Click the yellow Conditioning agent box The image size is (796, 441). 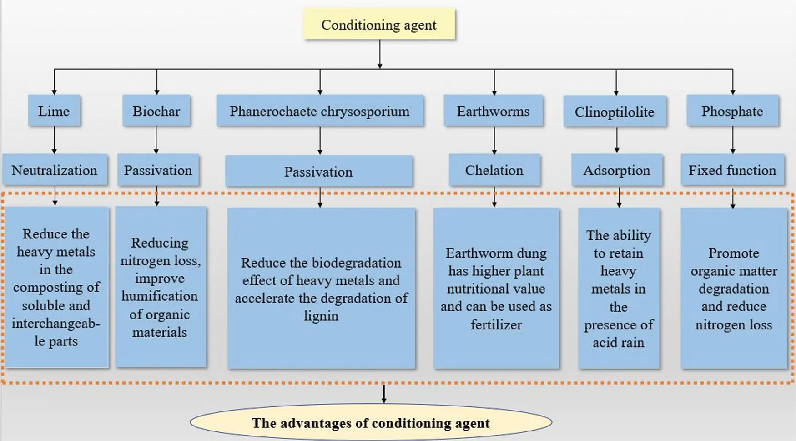[379, 25]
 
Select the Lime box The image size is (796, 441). [54, 111]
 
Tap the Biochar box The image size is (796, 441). [156, 111]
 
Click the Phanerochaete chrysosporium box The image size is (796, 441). [319, 111]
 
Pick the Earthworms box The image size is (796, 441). [493, 111]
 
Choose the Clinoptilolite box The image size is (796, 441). [614, 112]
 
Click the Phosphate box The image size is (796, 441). [732, 111]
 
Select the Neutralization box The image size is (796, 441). [54, 170]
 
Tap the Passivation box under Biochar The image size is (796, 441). [158, 170]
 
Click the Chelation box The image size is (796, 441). [494, 170]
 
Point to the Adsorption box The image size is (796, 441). [616, 170]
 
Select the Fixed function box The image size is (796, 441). [732, 170]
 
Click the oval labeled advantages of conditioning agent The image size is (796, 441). [371, 423]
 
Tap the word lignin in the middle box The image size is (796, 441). [321, 315]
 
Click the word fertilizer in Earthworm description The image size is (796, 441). [496, 324]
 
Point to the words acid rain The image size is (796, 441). [618, 342]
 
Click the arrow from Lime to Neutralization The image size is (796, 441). [54, 140]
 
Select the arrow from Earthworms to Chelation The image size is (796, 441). [494, 140]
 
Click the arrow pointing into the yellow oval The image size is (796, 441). [384, 394]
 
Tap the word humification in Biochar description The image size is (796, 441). [160, 296]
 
